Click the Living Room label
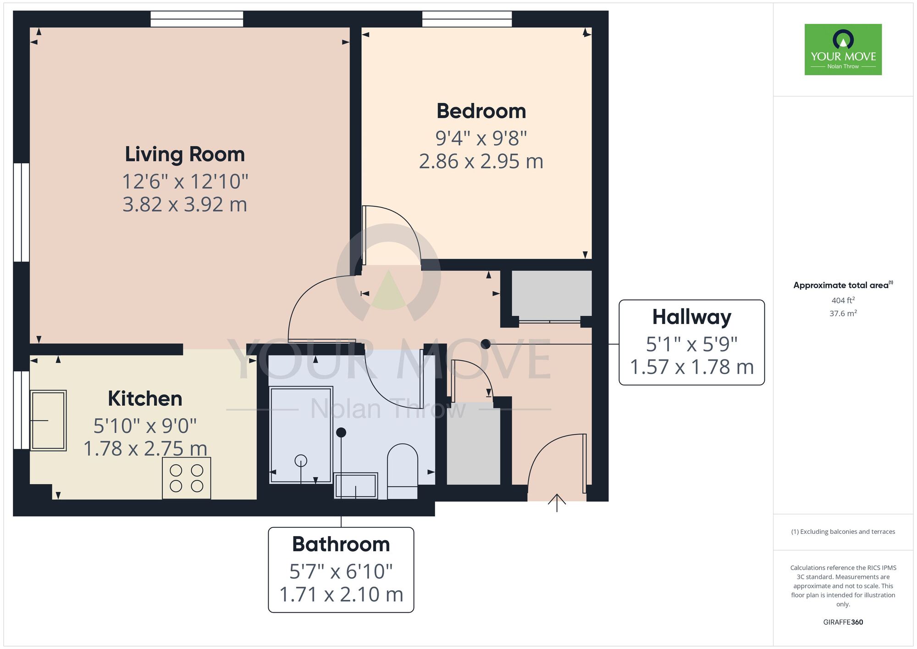click(x=185, y=154)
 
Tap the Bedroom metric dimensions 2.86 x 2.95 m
click(x=481, y=162)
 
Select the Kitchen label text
click(x=145, y=398)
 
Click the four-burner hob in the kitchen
click(x=187, y=478)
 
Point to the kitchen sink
click(x=48, y=420)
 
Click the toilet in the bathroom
click(x=403, y=470)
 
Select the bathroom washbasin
click(x=356, y=486)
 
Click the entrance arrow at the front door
click(x=557, y=503)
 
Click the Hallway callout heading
click(x=691, y=317)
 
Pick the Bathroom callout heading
click(x=341, y=544)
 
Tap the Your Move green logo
click(x=843, y=50)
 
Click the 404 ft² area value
click(x=843, y=300)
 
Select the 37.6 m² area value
click(x=843, y=313)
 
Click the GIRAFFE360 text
click(x=843, y=622)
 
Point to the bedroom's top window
click(x=467, y=19)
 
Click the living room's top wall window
click(x=197, y=19)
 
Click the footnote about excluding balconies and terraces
click(x=843, y=532)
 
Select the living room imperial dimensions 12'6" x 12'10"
click(x=185, y=182)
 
